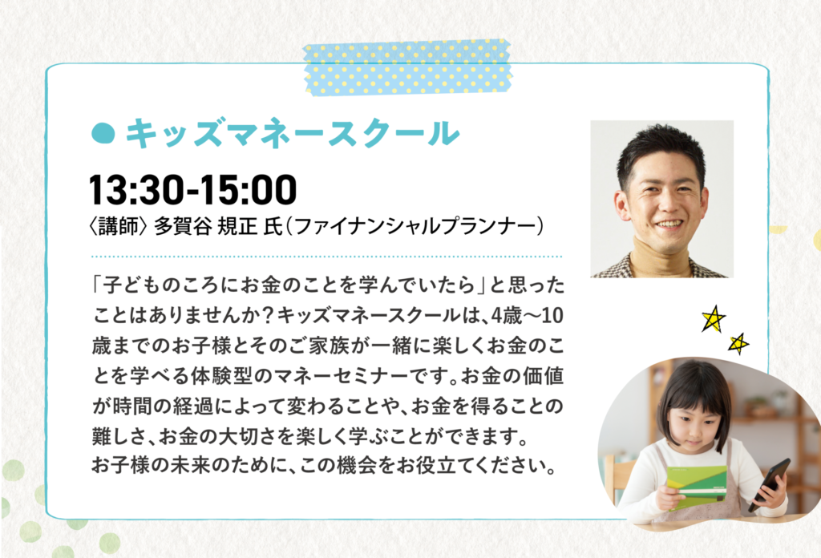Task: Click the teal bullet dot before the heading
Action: coord(103,133)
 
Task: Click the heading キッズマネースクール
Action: coord(292,133)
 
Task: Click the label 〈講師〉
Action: coord(119,227)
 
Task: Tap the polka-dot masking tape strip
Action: coord(407,67)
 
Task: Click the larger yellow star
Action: coord(713,319)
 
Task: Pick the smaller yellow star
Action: coord(738,343)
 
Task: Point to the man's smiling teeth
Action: coord(669,224)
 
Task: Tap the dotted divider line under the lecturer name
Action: coord(327,257)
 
